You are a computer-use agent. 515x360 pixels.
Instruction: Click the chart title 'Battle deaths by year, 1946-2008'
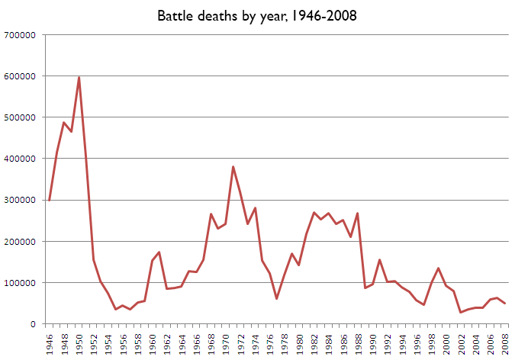[256, 15]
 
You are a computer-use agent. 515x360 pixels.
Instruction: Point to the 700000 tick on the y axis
[22, 35]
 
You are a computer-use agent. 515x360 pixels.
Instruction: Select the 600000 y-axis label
[22, 76]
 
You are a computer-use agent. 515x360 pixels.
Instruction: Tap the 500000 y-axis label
[22, 117]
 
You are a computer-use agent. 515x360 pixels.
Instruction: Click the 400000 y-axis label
[22, 159]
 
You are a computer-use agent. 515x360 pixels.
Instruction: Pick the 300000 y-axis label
[22, 200]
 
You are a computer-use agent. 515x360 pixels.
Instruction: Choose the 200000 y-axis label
[22, 242]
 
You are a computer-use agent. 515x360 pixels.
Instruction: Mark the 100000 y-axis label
[22, 283]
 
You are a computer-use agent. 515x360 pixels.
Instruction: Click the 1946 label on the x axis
[50, 340]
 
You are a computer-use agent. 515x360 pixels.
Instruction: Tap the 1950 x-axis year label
[79, 340]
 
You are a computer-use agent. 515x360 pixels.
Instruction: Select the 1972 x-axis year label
[240, 340]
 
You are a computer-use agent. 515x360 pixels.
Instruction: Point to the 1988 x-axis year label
[358, 340]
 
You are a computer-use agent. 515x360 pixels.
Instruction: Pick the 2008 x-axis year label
[504, 340]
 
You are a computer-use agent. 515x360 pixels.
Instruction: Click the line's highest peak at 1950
[79, 77]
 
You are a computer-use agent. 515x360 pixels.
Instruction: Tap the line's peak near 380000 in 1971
[233, 167]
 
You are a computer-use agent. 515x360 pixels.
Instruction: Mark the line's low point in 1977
[276, 298]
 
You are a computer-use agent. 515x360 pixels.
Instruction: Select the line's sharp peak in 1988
[357, 214]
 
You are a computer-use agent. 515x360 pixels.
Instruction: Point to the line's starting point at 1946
[50, 200]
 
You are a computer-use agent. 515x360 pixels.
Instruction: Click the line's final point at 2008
[504, 304]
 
